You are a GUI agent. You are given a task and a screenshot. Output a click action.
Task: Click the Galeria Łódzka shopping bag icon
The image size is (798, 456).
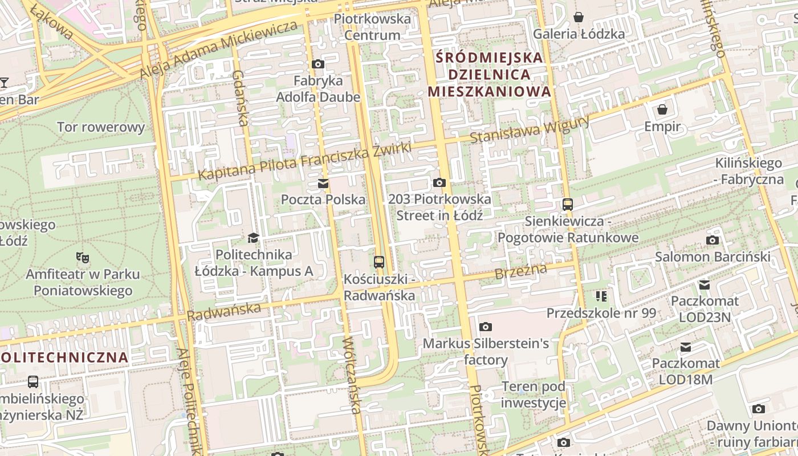[579, 17]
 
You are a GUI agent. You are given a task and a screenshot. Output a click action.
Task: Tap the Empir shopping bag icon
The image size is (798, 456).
[662, 109]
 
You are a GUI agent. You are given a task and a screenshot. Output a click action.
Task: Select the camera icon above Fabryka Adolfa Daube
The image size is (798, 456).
[318, 64]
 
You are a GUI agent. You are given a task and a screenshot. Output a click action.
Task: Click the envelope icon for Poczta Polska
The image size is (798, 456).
[323, 183]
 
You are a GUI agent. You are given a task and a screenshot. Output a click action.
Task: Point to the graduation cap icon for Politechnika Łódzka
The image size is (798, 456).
[254, 238]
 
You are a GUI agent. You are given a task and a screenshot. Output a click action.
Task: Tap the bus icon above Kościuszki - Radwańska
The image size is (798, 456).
[379, 262]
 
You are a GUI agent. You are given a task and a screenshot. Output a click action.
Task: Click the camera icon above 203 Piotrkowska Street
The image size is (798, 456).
[439, 182]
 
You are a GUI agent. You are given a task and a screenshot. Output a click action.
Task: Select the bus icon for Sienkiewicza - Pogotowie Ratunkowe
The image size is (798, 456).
[568, 204]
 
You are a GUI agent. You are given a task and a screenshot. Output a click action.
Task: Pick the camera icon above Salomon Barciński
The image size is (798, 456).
[712, 240]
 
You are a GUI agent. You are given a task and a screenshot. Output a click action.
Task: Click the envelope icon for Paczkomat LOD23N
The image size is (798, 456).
[705, 284]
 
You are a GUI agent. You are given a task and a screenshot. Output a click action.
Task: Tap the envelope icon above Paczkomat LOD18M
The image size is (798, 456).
[686, 347]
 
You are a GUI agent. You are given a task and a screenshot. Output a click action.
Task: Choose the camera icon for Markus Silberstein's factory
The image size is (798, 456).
[486, 327]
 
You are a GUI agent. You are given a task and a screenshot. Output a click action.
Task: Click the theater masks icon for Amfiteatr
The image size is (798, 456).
[83, 258]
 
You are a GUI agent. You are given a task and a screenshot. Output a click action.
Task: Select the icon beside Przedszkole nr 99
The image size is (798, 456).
[601, 296]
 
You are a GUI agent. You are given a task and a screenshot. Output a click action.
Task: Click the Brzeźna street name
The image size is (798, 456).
[520, 271]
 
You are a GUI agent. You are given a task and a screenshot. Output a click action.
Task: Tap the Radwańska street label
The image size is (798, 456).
[224, 311]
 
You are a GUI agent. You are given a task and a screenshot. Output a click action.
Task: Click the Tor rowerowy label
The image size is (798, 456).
[101, 127]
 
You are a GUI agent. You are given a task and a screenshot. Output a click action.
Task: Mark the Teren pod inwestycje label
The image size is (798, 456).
[534, 394]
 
